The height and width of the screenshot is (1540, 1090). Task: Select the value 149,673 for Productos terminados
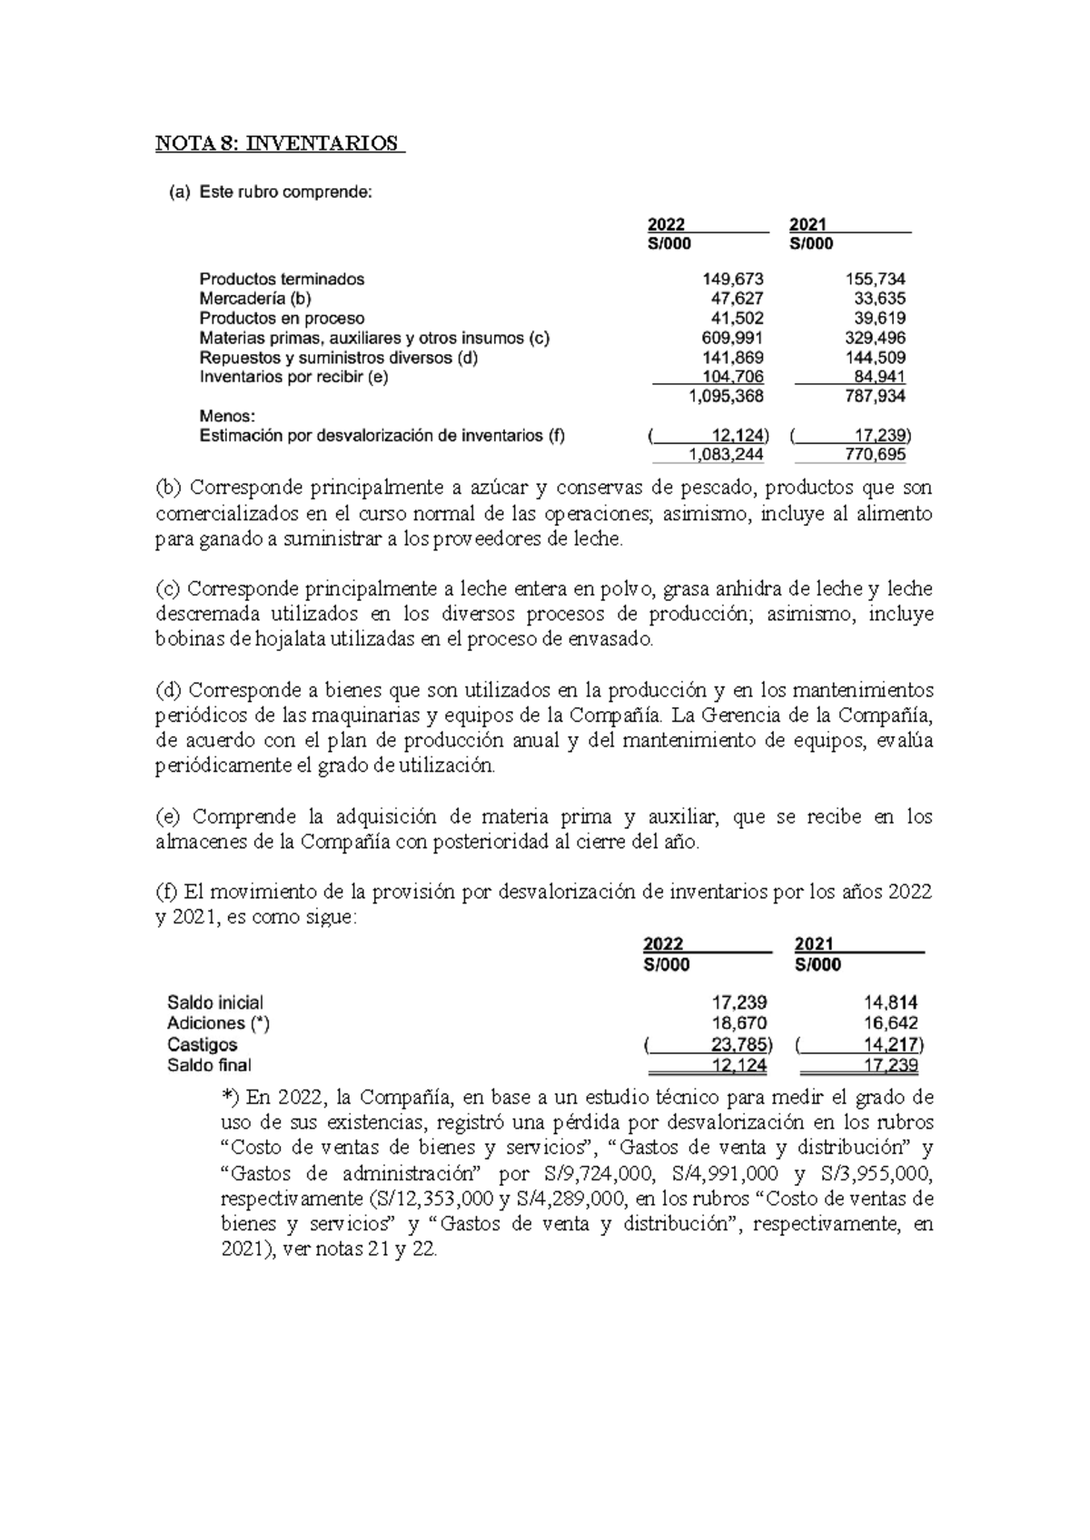[x=732, y=280]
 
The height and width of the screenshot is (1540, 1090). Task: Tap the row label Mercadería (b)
[x=257, y=299]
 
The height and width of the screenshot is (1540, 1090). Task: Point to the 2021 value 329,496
[x=875, y=338]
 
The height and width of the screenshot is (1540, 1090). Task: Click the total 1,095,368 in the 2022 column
[x=727, y=397]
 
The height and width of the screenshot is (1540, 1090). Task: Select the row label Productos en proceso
[x=282, y=319]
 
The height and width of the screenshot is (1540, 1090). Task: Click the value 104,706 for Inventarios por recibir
[x=732, y=377]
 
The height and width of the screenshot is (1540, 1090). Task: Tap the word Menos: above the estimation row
[x=224, y=416]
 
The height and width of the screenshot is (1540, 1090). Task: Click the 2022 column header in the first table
[x=666, y=224]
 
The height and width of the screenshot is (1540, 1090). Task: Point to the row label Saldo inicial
[x=215, y=1003]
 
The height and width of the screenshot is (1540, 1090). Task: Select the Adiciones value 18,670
[x=736, y=1023]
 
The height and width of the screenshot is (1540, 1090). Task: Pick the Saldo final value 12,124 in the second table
[x=736, y=1065]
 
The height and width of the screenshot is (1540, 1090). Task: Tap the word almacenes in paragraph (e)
[x=203, y=842]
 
